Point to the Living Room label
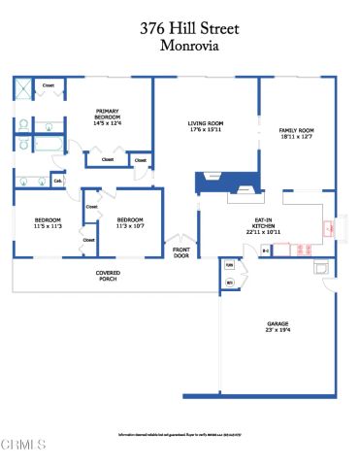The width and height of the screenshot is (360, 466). (x=206, y=126)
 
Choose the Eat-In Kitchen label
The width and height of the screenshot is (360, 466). (x=263, y=228)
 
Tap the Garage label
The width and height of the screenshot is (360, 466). (x=278, y=326)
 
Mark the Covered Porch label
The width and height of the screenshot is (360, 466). (x=108, y=276)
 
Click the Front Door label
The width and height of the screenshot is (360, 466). (x=180, y=252)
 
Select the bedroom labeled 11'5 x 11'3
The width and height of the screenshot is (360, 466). (x=48, y=223)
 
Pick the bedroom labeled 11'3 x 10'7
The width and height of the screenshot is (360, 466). (x=130, y=223)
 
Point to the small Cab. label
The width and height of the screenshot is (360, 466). (x=57, y=180)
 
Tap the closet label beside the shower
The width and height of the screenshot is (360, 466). (x=49, y=85)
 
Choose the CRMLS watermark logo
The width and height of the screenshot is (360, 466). (x=23, y=445)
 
